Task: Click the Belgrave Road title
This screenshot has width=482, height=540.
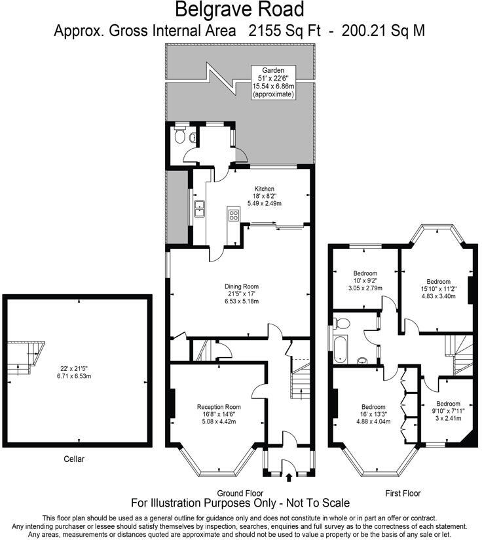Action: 240,10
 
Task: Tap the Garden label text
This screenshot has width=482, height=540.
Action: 274,70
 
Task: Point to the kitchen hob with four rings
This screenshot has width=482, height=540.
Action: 233,214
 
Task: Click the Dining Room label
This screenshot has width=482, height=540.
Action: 242,286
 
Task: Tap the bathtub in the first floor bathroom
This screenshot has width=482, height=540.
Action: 340,347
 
